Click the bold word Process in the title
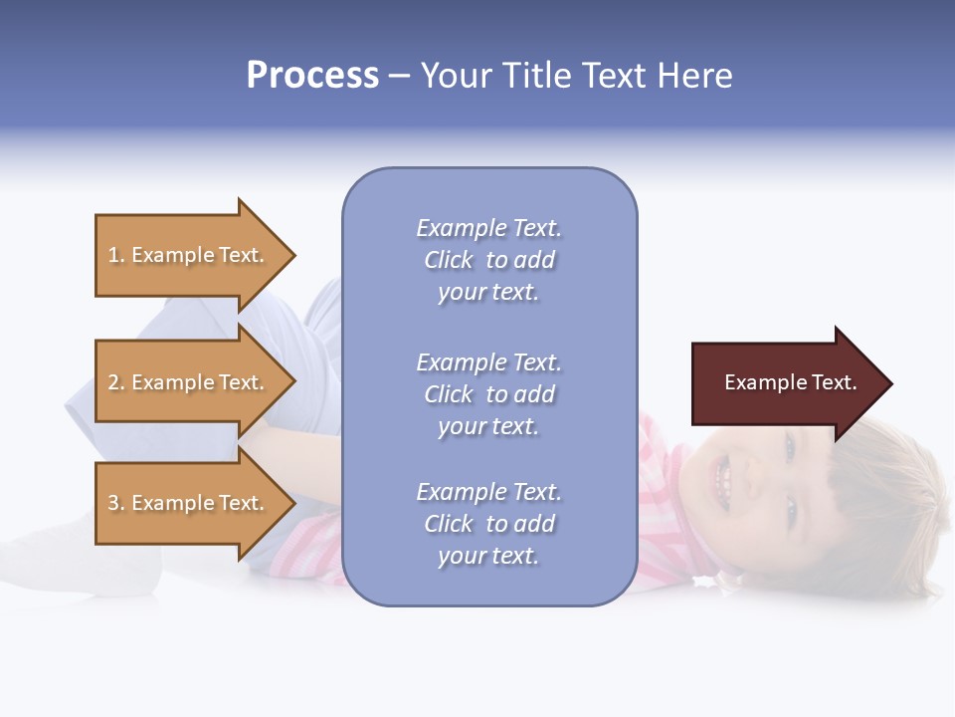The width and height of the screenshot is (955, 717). pyautogui.click(x=312, y=76)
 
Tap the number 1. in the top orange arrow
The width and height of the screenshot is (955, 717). pyautogui.click(x=116, y=256)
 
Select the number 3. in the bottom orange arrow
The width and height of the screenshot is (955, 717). pyautogui.click(x=116, y=504)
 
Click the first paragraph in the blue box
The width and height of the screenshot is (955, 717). pyautogui.click(x=488, y=260)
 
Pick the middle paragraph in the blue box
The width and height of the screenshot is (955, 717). pyautogui.click(x=488, y=394)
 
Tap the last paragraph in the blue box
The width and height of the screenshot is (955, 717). pyautogui.click(x=488, y=524)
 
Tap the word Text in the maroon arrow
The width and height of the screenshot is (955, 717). pyautogui.click(x=834, y=382)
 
